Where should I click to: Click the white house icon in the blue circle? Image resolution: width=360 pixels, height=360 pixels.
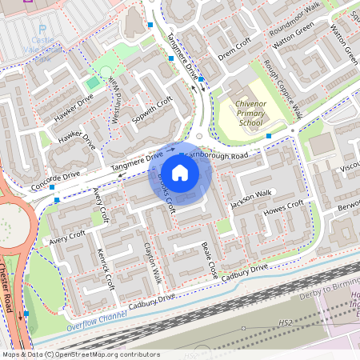(180, 171)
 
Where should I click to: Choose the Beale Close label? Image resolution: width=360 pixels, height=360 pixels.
(210, 259)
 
